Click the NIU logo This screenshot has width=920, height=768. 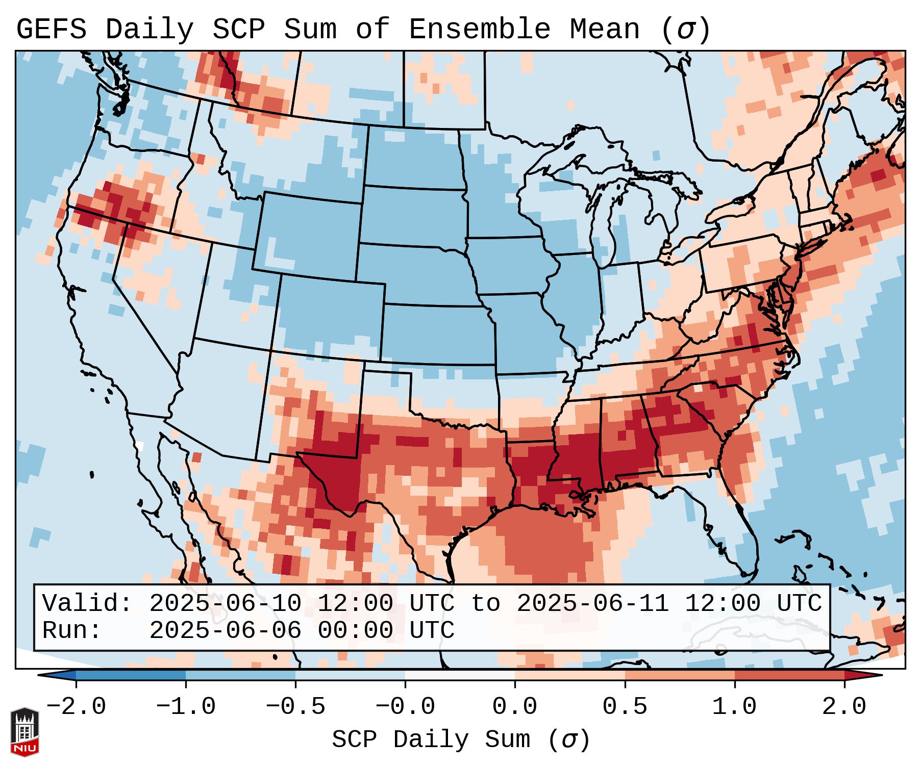pos(24,732)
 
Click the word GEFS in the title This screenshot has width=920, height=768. pos(51,30)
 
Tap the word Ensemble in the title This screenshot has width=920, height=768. pos(480,30)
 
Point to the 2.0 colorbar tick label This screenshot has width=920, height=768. pos(844,707)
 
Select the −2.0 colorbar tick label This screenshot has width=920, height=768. pos(76,707)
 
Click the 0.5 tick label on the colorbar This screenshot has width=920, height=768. pos(625,707)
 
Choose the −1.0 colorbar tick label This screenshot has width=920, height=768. pos(186,707)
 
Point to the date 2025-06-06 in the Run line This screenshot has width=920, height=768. pos(226,630)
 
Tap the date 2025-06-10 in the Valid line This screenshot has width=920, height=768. pos(226,603)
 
